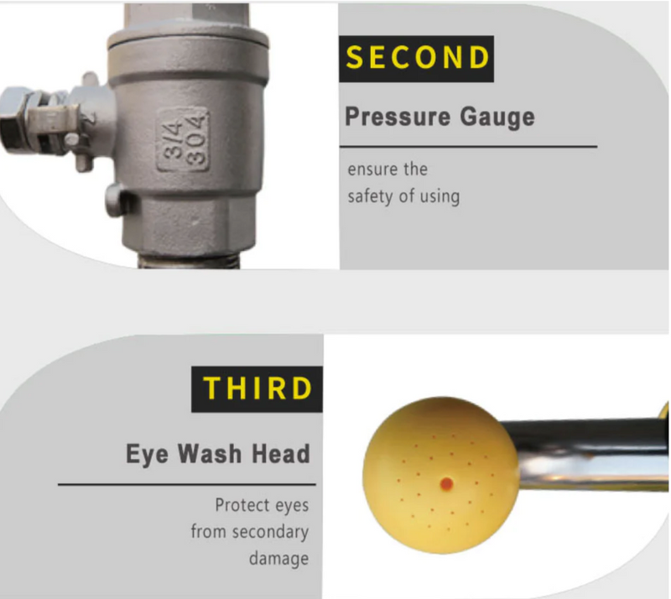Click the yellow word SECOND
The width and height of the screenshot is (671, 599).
[x=417, y=57]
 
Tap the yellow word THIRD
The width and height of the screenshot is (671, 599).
[x=257, y=388]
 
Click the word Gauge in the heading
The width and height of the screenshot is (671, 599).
[x=497, y=117]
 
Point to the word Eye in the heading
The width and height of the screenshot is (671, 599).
[x=147, y=454]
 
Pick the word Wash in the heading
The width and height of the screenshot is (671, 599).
[x=210, y=453]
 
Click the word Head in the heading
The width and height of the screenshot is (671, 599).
[x=281, y=453]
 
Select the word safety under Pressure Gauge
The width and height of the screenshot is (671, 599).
[x=370, y=196]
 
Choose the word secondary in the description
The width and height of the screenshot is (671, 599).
[x=270, y=532]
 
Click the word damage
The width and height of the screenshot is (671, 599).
[x=278, y=559]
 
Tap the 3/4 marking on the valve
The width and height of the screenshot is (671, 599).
[x=174, y=140]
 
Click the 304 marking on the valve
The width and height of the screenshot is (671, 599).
[x=196, y=140]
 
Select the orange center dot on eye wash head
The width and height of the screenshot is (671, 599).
[x=446, y=484]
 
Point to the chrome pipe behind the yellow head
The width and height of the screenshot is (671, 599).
[x=590, y=456]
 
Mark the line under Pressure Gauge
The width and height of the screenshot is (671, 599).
[x=469, y=147]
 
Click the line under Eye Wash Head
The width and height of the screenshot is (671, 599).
[x=187, y=484]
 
